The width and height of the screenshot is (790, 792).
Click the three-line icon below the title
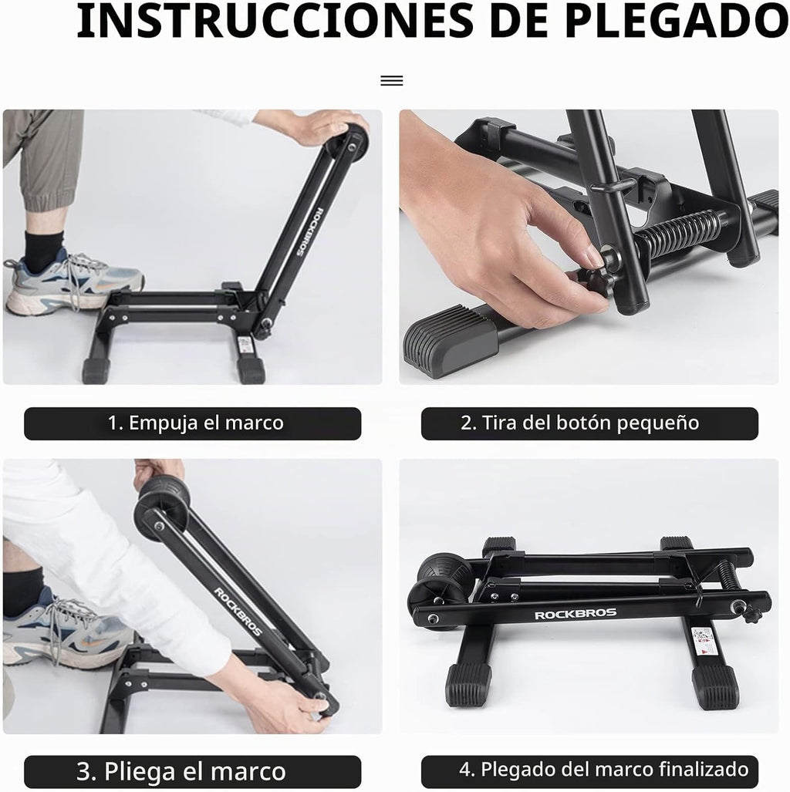point(392,80)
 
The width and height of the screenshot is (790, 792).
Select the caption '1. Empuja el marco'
point(196,423)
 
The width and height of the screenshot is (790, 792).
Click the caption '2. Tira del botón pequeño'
point(579,423)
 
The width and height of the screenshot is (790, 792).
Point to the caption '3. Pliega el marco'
point(181,771)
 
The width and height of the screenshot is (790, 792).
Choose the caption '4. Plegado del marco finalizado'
point(604,770)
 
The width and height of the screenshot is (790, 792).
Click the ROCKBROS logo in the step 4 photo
point(576,614)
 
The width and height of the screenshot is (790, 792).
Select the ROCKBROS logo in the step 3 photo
point(238,612)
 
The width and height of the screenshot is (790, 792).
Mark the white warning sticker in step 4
point(703,642)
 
